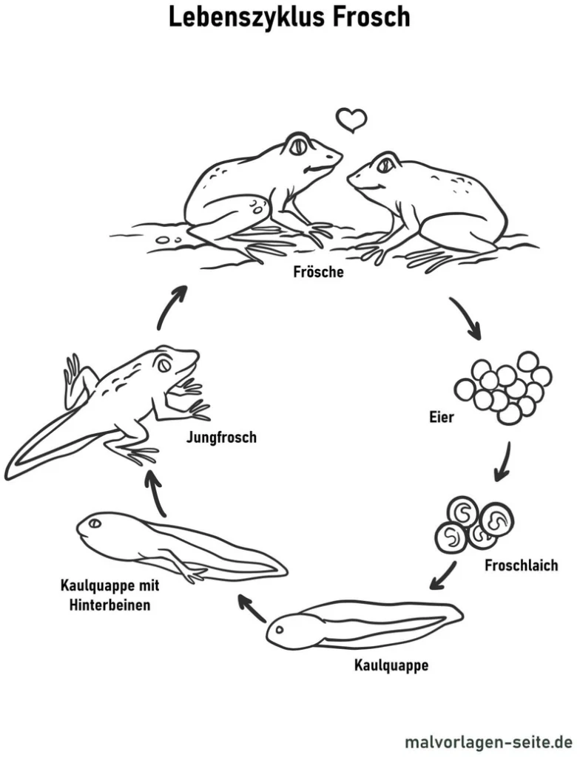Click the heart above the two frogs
click(x=351, y=119)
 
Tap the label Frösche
click(x=318, y=272)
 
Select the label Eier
click(x=441, y=417)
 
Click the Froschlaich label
click(x=521, y=566)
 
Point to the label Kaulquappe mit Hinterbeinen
click(x=109, y=595)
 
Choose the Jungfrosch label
click(x=221, y=438)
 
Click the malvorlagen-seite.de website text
click(x=488, y=740)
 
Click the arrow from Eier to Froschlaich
click(x=504, y=460)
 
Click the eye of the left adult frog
click(x=298, y=146)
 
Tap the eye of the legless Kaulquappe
click(x=280, y=631)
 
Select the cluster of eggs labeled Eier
click(x=504, y=387)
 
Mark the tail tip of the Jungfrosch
click(x=10, y=473)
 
